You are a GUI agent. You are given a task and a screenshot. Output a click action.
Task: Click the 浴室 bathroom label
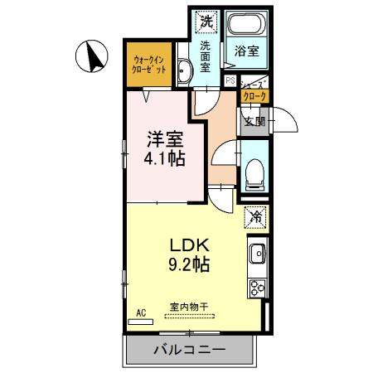tap(249, 51)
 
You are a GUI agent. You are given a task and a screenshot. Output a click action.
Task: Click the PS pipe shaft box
tap(230, 80)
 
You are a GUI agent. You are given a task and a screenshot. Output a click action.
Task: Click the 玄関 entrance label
tap(254, 122)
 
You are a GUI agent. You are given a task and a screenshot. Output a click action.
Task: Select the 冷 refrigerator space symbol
tap(255, 218)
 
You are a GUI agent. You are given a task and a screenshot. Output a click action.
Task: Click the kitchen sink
tap(256, 252)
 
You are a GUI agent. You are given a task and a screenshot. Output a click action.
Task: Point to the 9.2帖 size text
tap(191, 266)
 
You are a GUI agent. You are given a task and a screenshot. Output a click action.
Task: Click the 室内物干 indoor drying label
tap(190, 307)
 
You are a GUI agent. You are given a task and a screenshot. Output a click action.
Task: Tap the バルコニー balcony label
tap(189, 350)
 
